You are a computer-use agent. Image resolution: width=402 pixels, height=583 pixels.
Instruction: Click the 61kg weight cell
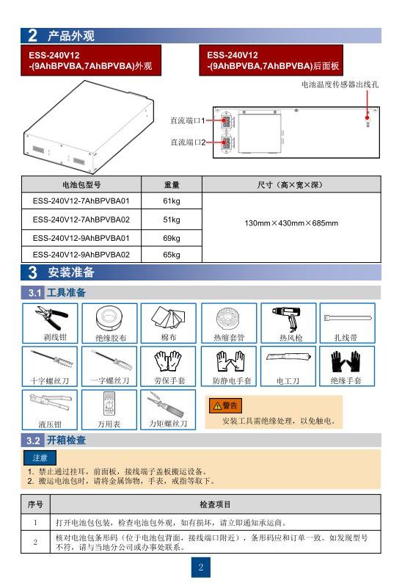(x=171, y=200)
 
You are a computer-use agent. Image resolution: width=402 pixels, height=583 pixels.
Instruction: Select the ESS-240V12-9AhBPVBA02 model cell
(x=81, y=255)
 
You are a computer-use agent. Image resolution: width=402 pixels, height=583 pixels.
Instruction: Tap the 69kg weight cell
(x=171, y=238)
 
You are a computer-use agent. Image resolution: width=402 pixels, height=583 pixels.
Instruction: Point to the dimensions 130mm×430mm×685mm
(x=291, y=223)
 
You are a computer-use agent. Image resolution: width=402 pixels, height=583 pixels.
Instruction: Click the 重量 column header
(x=172, y=184)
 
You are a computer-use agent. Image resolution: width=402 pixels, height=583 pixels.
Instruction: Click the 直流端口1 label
(x=188, y=120)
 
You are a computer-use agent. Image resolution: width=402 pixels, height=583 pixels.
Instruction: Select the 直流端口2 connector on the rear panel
(x=226, y=143)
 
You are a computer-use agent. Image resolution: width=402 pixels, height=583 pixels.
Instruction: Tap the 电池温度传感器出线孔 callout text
(x=340, y=84)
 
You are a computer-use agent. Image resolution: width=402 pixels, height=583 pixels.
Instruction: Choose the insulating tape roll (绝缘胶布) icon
(x=109, y=318)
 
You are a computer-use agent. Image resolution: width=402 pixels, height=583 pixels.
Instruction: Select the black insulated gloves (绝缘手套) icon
(x=346, y=361)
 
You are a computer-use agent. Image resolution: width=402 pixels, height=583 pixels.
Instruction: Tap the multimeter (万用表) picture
(x=109, y=404)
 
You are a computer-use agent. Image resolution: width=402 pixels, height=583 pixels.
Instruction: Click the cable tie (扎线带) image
(x=348, y=319)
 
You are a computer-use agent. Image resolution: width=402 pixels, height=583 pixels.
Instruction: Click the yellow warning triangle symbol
(x=216, y=405)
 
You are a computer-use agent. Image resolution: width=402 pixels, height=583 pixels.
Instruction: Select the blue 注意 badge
(x=40, y=457)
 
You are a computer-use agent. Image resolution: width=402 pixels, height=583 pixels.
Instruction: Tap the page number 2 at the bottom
(x=201, y=567)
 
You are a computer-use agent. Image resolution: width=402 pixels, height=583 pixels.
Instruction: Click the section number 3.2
(x=33, y=441)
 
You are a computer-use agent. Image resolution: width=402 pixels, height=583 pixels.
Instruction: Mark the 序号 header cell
(x=36, y=504)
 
